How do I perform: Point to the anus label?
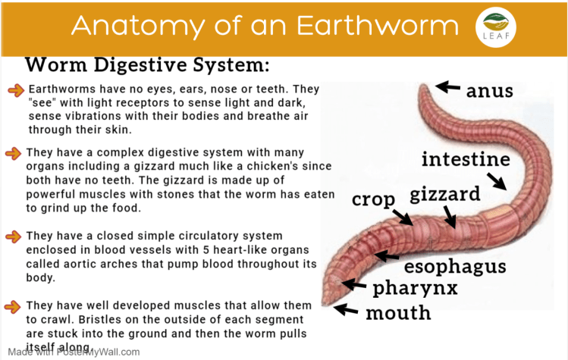tap(489, 91)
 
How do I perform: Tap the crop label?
tap(373, 199)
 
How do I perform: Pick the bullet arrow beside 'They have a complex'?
tap(13, 154)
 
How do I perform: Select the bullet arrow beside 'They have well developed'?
tap(13, 306)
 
